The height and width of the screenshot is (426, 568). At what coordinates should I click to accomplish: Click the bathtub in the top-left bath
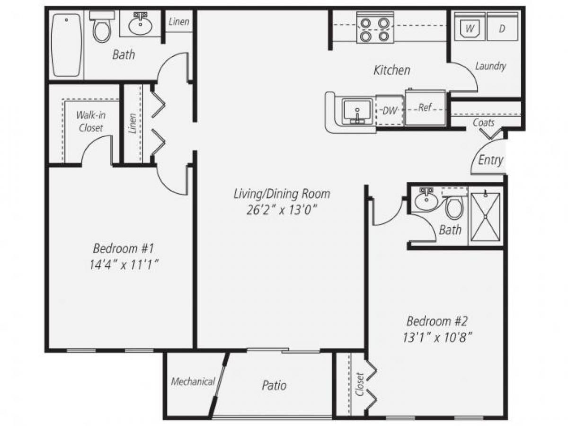[67, 45]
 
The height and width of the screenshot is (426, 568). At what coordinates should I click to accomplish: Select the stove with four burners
[372, 29]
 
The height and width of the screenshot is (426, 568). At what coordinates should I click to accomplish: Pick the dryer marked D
[502, 28]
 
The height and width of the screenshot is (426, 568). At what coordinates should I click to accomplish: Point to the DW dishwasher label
[389, 111]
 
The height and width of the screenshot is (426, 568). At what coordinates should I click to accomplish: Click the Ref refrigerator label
[425, 108]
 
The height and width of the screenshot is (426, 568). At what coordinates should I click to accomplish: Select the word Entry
[490, 160]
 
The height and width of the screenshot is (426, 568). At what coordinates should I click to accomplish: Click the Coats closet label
[484, 123]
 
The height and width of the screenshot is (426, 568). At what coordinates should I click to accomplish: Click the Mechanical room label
[193, 382]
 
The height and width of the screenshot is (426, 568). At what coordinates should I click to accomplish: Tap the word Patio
[274, 385]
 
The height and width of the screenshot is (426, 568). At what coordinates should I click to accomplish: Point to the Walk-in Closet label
[91, 121]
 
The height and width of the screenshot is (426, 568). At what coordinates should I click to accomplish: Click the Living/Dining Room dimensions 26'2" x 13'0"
[281, 210]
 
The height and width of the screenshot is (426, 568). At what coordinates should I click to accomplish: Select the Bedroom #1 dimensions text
[124, 265]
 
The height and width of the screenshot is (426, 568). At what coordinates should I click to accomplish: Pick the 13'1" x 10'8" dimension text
[437, 338]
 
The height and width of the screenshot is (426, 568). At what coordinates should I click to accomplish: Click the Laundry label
[490, 66]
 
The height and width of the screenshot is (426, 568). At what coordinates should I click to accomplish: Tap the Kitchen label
[392, 71]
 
